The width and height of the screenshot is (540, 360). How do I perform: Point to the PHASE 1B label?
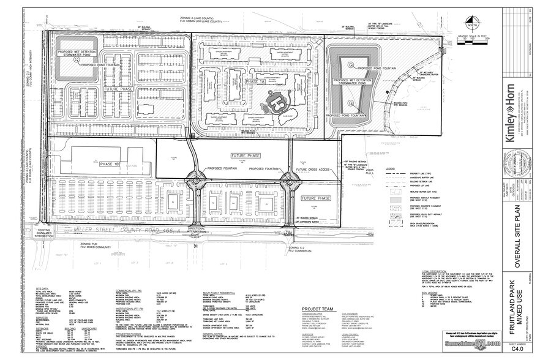110,163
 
